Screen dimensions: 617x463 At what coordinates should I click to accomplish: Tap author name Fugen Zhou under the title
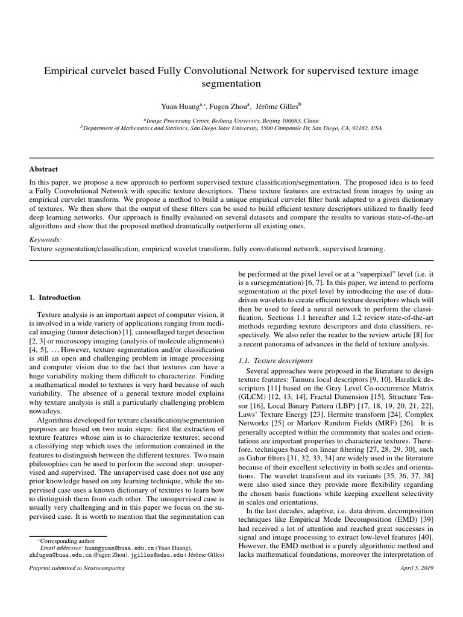pos(230,107)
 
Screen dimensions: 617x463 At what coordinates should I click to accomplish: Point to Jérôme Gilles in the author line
pos(277,107)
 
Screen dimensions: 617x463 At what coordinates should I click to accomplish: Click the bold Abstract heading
pos(44,169)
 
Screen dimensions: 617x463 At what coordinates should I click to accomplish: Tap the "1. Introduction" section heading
pos(55,297)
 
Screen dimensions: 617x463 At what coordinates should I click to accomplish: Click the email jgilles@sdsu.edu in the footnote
pos(151,555)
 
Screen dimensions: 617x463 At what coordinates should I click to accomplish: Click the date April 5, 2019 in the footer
pos(417,568)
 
